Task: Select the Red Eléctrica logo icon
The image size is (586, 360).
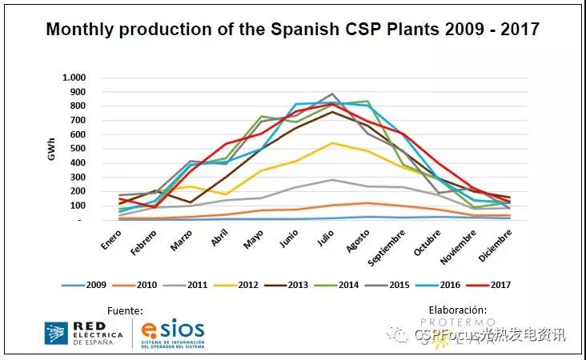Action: pyautogui.click(x=56, y=333)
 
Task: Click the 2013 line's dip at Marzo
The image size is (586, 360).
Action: pyautogui.click(x=190, y=202)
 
